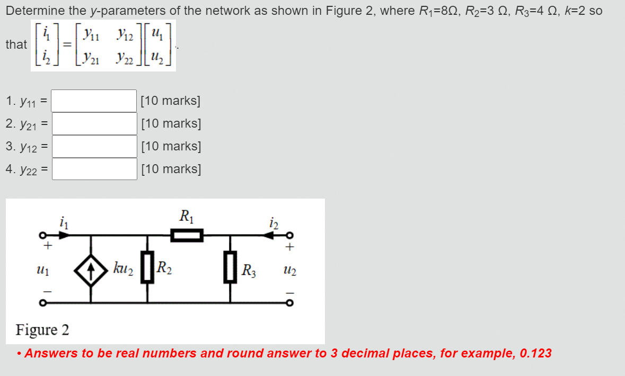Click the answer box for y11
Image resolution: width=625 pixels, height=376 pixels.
[94, 101]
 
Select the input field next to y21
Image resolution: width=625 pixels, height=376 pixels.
[94, 123]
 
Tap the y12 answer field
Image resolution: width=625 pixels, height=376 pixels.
[94, 146]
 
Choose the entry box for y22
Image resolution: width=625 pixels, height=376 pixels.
[94, 169]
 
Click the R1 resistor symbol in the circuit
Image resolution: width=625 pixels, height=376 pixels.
[187, 235]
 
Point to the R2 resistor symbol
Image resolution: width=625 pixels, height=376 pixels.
[147, 268]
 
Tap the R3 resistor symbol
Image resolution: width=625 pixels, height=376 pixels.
[230, 268]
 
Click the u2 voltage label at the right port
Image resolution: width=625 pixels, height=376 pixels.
[289, 271]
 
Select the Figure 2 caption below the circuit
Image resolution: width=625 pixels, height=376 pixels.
[42, 330]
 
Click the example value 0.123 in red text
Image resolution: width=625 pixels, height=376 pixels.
[533, 353]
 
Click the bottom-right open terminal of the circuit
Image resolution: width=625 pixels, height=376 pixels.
[289, 303]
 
